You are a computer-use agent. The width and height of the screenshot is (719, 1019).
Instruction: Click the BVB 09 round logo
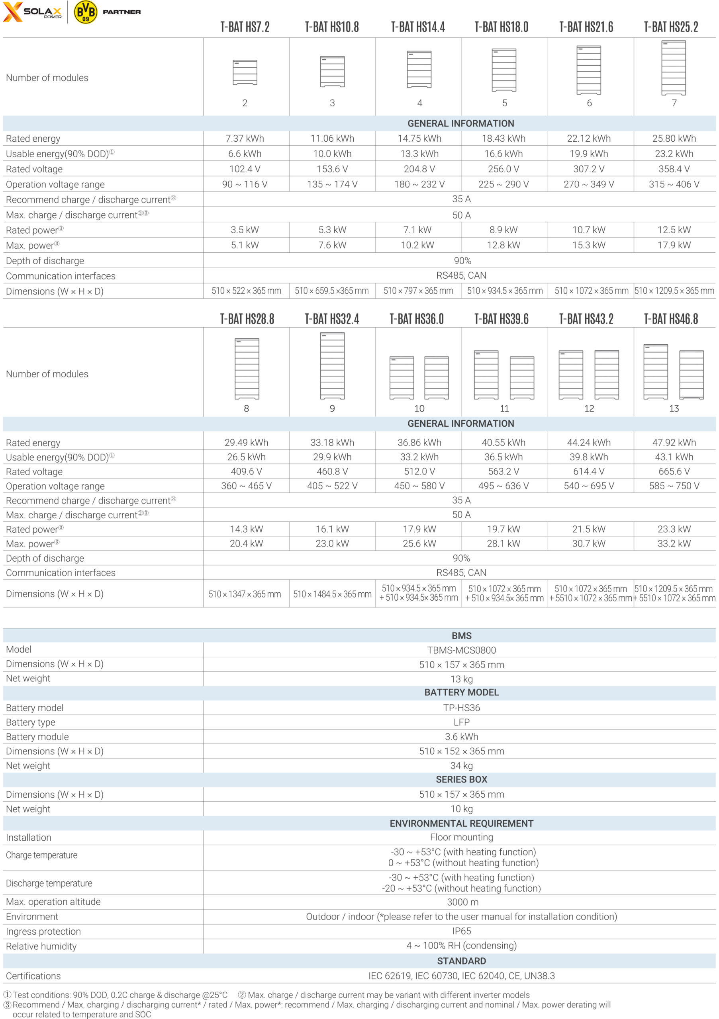click(x=85, y=12)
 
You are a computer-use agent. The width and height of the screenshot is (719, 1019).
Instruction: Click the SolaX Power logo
click(x=32, y=12)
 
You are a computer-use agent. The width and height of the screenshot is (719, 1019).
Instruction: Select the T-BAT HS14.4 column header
click(x=417, y=27)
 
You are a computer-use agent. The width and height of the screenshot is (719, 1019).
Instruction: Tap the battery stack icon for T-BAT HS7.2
click(x=245, y=72)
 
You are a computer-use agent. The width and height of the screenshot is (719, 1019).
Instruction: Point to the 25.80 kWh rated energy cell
click(x=674, y=139)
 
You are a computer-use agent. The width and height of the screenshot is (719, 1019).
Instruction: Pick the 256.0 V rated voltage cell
click(x=503, y=169)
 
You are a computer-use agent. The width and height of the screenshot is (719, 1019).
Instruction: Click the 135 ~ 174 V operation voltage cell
click(x=332, y=184)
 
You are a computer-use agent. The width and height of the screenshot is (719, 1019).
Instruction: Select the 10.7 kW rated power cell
click(x=588, y=230)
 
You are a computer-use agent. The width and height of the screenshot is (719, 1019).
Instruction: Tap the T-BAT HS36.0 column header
click(x=416, y=319)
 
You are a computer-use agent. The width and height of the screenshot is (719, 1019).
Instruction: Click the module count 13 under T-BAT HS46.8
click(x=674, y=408)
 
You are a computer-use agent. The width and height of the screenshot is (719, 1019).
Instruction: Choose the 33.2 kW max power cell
click(x=674, y=543)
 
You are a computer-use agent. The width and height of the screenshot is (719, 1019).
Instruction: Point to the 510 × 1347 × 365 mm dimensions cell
click(x=245, y=594)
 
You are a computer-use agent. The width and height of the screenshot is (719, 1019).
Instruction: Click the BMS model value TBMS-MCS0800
click(x=461, y=650)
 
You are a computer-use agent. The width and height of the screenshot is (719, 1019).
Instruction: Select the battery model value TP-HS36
click(x=461, y=708)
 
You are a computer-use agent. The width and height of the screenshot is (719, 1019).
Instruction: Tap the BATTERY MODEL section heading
click(x=461, y=692)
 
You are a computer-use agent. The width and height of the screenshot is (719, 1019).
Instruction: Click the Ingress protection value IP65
click(x=461, y=931)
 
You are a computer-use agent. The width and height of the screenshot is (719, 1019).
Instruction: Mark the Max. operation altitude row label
click(x=53, y=902)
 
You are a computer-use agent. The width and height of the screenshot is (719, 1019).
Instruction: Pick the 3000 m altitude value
click(x=462, y=902)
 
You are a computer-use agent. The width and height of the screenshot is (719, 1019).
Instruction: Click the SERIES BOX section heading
click(x=461, y=779)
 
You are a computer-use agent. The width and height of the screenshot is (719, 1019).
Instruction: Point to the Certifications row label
click(x=33, y=976)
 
